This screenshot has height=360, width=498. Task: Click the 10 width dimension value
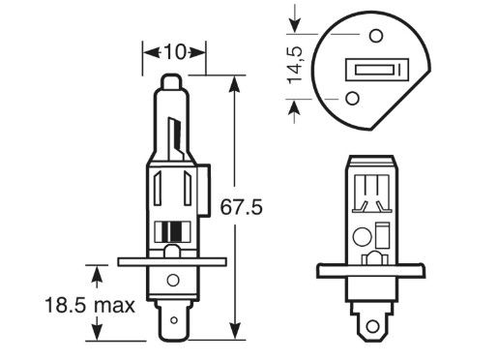pos(175,52)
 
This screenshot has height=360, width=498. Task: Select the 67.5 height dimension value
pos(241,207)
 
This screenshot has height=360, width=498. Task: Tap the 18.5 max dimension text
pos(90,305)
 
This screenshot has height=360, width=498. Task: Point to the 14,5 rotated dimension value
pos(296,66)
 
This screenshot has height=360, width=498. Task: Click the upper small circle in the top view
pos(376,36)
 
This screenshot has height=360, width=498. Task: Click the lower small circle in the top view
pos(353,98)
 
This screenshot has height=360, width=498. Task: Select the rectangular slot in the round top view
pos(377,70)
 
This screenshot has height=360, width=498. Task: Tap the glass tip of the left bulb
pos(171,81)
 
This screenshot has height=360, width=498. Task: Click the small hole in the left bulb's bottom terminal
pos(174,320)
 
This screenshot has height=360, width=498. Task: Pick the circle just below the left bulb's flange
pos(173,280)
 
